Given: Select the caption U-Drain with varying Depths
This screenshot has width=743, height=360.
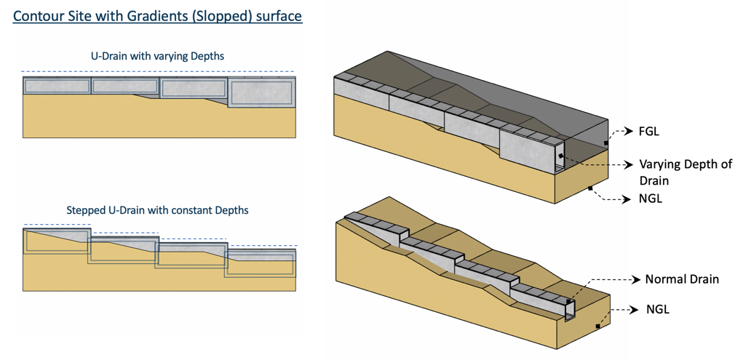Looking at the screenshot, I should pyautogui.click(x=157, y=56).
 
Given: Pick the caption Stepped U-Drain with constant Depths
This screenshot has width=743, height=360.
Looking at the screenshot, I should pyautogui.click(x=158, y=210).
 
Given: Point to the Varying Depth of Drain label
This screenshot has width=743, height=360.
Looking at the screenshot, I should pyautogui.click(x=685, y=172).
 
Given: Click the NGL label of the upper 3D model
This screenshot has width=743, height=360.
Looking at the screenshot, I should pyautogui.click(x=649, y=199).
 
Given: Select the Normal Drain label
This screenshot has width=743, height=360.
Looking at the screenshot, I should pyautogui.click(x=682, y=279).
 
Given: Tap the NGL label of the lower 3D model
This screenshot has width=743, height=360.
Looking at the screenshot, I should pyautogui.click(x=657, y=310).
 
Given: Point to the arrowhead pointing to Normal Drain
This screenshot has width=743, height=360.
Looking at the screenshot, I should pyautogui.click(x=637, y=279).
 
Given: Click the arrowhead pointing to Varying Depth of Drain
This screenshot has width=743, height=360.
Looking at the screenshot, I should pyautogui.click(x=629, y=164).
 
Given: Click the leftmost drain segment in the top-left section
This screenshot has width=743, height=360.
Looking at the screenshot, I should pyautogui.click(x=56, y=86).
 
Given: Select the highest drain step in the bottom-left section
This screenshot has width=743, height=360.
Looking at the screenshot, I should pyautogui.click(x=56, y=241).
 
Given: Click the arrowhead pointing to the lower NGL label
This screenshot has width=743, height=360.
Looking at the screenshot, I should pyautogui.click(x=637, y=310).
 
